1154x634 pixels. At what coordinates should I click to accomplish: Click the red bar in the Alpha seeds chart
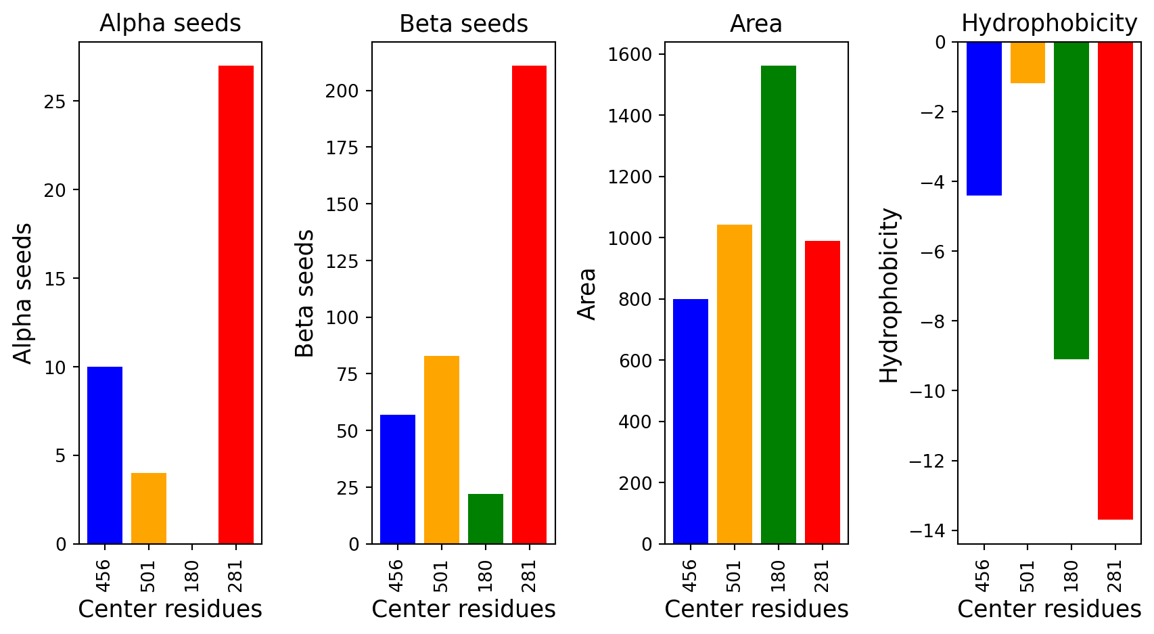(236, 304)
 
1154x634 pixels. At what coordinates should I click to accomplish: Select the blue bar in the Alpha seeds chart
(105, 455)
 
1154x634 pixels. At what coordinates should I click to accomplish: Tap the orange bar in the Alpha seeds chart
(148, 508)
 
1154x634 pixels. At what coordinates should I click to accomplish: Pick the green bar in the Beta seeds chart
(485, 518)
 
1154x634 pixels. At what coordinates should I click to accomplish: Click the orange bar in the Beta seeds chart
(442, 449)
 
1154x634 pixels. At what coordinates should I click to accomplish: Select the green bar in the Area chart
(779, 304)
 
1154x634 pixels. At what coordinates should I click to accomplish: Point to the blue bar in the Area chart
(691, 421)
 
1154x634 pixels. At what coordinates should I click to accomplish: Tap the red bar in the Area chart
(823, 392)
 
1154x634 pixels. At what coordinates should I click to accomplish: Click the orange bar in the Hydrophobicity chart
(1028, 62)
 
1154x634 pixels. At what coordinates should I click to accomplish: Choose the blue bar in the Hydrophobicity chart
(984, 118)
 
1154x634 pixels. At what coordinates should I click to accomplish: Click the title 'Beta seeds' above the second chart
(463, 24)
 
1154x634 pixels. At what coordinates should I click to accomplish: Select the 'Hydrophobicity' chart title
(1049, 24)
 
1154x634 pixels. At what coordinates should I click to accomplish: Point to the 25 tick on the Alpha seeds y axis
(55, 101)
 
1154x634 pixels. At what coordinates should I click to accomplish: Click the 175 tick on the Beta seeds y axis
(342, 148)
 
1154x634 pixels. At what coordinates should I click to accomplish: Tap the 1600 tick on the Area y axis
(630, 54)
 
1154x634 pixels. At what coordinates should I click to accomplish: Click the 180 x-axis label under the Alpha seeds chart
(191, 576)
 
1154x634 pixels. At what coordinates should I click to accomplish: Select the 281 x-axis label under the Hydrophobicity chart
(1115, 576)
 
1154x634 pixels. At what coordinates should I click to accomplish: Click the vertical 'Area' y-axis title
(586, 294)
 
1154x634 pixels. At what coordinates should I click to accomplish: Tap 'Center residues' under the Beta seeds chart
(463, 609)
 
